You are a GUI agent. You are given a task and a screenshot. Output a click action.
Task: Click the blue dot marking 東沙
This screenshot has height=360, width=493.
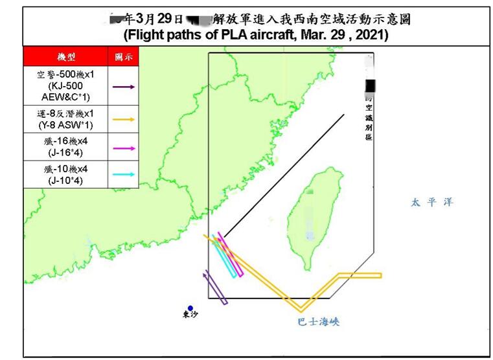click(190, 308)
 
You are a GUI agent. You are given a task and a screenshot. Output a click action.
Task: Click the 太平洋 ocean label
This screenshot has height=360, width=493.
click(432, 203)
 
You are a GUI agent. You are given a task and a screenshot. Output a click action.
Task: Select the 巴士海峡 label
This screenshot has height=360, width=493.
click(318, 321)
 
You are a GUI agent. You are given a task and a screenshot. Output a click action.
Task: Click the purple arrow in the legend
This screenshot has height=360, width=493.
click(123, 86)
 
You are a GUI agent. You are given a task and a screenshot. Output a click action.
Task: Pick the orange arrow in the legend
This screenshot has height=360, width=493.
click(123, 119)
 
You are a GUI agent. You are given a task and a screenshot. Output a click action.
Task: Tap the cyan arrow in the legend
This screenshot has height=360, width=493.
click(123, 174)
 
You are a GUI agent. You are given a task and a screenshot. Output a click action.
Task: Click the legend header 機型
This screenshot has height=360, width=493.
click(65, 57)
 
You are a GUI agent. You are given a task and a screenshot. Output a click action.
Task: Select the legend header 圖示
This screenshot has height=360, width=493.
click(123, 57)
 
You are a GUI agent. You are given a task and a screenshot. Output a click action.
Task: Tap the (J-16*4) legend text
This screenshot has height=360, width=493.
click(65, 153)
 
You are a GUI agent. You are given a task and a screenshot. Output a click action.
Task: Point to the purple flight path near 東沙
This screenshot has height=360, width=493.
click(215, 288)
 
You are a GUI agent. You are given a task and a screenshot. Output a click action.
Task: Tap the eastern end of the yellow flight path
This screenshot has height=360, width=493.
click(380, 276)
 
